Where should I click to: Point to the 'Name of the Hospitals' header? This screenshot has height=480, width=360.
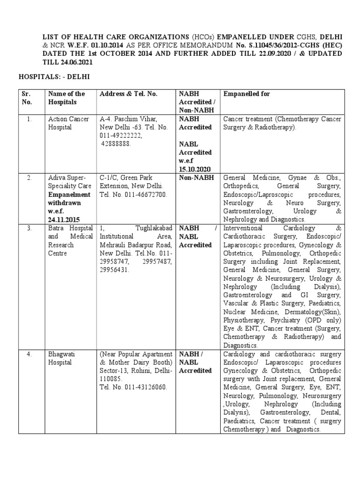tap(66, 97)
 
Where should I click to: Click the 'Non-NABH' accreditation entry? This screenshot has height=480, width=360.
tap(195, 178)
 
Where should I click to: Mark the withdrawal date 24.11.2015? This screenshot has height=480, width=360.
tap(64, 219)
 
